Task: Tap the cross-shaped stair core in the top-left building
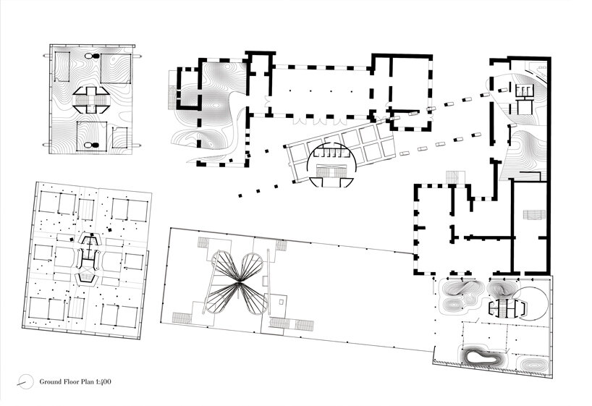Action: click(93, 99)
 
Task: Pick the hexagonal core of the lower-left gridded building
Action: click(88, 257)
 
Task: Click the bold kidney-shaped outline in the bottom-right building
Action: click(481, 355)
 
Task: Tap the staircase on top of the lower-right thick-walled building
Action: click(454, 177)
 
